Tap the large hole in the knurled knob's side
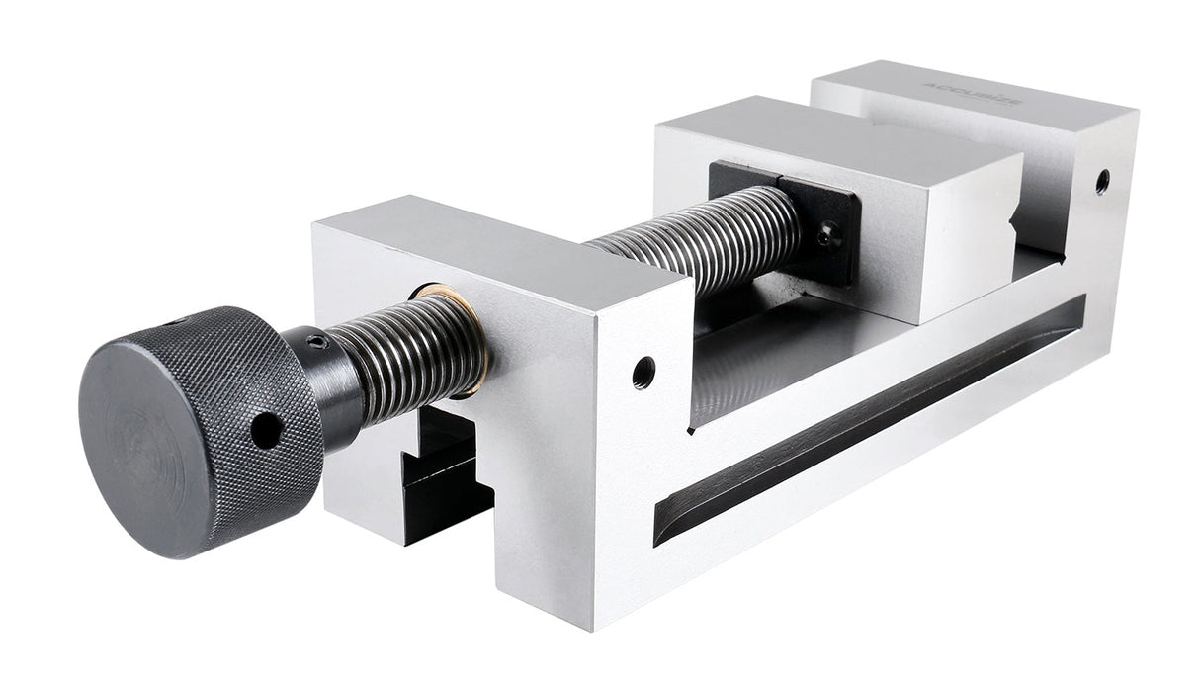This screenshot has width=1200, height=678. [x=265, y=429]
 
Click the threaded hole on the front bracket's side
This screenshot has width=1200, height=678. [x=643, y=373]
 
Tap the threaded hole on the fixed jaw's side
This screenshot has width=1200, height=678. [x=1101, y=181]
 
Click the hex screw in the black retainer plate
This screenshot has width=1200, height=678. [x=828, y=235]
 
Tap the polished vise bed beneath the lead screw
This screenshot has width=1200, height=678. [x=781, y=336]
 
